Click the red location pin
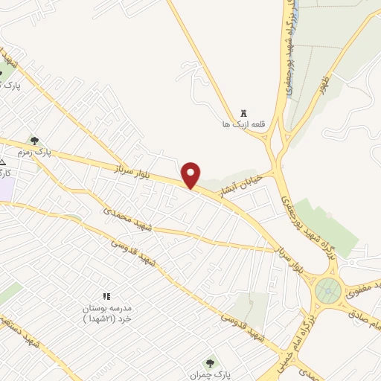pyautogui.click(x=191, y=174)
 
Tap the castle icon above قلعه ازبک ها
pyautogui.click(x=243, y=113)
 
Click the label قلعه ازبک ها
pyautogui.click(x=239, y=124)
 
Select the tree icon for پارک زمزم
pyautogui.click(x=33, y=140)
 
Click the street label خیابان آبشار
pyautogui.click(x=236, y=186)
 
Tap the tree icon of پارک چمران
pyautogui.click(x=210, y=363)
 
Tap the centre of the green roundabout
pyautogui.click(x=326, y=289)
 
